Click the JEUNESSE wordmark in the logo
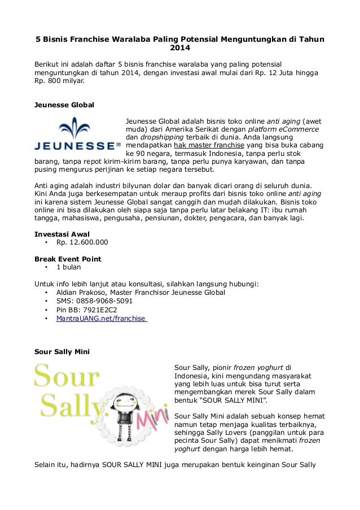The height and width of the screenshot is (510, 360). coord(77,145)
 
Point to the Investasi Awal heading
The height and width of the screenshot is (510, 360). coord(63,233)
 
